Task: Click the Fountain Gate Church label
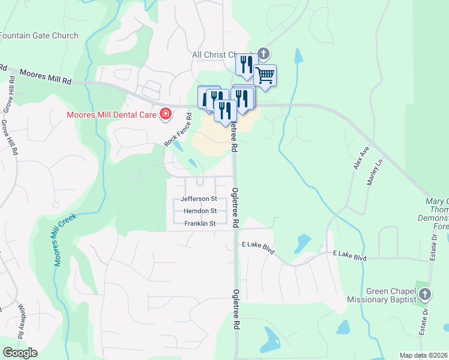tap(39, 35)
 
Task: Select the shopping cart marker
tap(265, 76)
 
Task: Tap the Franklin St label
tap(200, 224)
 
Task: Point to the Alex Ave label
tap(361, 157)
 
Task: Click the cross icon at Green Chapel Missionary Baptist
tap(425, 294)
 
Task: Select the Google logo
tap(20, 353)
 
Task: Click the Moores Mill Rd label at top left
tap(45, 76)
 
